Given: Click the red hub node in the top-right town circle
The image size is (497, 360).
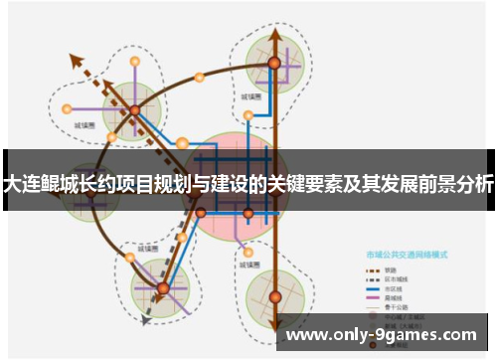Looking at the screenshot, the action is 274,63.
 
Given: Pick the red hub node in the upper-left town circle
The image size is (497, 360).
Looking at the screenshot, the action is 134,109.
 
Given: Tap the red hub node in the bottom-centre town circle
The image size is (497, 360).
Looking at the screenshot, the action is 163,288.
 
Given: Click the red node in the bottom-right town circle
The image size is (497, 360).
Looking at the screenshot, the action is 275,295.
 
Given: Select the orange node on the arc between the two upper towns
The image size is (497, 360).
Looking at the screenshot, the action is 199,76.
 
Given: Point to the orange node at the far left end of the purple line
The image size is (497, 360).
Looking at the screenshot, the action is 68,109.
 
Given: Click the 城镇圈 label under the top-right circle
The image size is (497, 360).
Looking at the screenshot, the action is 250,98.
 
